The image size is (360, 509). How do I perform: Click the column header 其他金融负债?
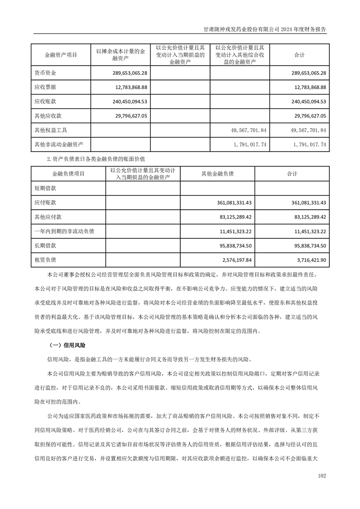(x=217, y=174)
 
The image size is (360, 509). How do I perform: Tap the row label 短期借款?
(x=45, y=188)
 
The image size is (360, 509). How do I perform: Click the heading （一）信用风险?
(x=68, y=346)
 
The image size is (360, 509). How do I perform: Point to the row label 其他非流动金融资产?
(x=59, y=145)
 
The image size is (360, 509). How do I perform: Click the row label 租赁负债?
(x=45, y=260)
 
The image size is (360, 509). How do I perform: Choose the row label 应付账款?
(x=45, y=202)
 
